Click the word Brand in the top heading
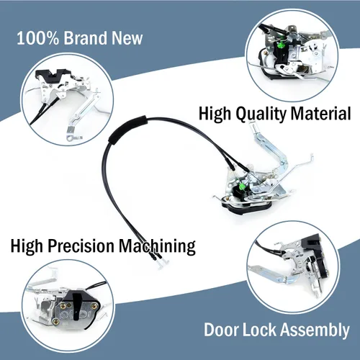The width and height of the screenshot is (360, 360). click(86, 38)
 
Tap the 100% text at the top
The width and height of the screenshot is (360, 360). click(37, 38)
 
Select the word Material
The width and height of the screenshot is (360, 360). click(321, 113)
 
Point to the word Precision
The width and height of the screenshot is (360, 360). click(81, 246)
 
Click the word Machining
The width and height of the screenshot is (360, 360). click(158, 247)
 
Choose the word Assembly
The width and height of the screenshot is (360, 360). click(315, 330)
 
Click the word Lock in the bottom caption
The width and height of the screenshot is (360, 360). click(259, 330)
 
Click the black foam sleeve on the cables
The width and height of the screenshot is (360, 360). click(127, 129)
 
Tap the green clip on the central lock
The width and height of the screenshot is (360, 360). click(241, 186)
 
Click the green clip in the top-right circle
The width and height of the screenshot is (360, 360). click(280, 45)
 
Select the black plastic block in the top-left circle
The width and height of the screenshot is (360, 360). click(53, 75)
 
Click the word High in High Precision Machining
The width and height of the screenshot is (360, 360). click(27, 246)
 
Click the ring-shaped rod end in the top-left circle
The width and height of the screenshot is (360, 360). click(71, 138)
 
